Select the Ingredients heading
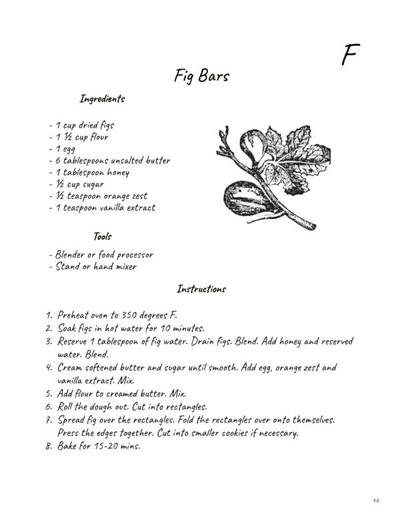[x=102, y=99]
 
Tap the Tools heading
[x=102, y=236]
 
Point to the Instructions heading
[x=201, y=289]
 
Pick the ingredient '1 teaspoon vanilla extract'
[x=104, y=208]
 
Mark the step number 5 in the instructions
[x=49, y=393]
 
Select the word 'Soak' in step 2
[x=69, y=328]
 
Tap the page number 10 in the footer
[x=377, y=500]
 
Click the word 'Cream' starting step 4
[x=73, y=367]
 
